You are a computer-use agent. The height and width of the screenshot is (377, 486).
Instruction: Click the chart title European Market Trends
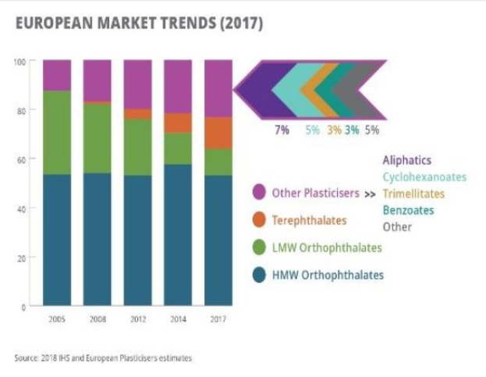(139, 23)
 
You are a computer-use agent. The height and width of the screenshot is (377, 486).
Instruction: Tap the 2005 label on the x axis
(56, 319)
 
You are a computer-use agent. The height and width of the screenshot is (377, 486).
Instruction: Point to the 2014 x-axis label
(178, 319)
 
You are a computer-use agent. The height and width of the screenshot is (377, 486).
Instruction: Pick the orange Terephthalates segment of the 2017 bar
(218, 133)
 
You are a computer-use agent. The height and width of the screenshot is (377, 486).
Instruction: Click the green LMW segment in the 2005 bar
(56, 133)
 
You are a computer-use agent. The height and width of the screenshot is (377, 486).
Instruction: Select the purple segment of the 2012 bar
(137, 84)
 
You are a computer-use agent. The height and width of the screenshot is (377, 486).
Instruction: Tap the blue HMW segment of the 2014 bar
(178, 234)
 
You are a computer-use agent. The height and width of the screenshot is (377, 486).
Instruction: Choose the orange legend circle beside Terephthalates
(259, 220)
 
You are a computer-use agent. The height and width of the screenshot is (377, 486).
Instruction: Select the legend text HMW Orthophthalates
(328, 275)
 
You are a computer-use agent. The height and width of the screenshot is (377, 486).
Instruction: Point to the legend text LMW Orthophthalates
(327, 247)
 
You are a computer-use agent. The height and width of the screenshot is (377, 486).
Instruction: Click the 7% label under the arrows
(282, 130)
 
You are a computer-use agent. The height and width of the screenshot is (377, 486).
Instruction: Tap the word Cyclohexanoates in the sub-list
(424, 177)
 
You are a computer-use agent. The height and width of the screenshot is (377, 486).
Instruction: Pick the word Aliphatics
(406, 160)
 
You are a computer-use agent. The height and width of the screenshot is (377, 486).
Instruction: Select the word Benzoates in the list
(408, 210)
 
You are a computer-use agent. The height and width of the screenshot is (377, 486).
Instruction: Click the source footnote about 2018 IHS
(103, 358)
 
